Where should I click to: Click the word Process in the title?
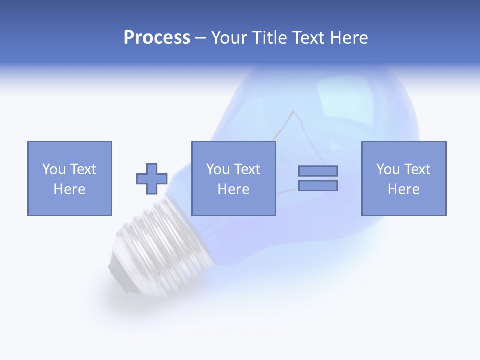(x=157, y=38)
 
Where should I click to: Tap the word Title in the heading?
(x=271, y=38)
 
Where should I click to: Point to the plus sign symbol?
(x=152, y=179)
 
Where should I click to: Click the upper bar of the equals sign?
(x=318, y=171)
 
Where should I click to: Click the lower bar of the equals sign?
(x=318, y=185)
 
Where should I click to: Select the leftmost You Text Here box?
(x=70, y=178)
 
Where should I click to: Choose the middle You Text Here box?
(x=233, y=178)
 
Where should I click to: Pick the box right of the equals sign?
(x=404, y=178)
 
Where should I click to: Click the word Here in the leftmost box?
(x=70, y=189)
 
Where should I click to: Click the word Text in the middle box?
(x=247, y=169)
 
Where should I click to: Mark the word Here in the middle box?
(x=233, y=189)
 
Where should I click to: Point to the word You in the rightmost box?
(x=388, y=169)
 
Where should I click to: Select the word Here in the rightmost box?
(x=404, y=189)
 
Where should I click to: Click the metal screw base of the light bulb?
(x=160, y=245)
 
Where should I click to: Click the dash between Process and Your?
(x=201, y=38)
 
